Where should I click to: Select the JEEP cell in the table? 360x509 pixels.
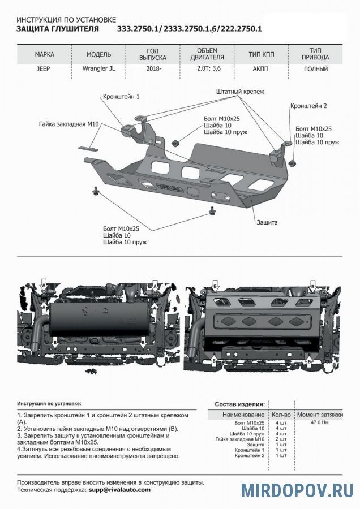(x=44, y=69)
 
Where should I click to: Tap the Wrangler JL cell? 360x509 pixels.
(x=94, y=69)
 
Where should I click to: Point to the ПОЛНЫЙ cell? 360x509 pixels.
(x=316, y=69)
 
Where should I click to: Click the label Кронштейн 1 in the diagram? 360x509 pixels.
(x=121, y=97)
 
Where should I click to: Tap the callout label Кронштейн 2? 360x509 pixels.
(x=308, y=106)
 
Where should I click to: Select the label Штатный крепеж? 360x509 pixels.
(x=240, y=91)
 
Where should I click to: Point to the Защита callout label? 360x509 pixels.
(x=267, y=222)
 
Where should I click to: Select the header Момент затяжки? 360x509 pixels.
(x=320, y=415)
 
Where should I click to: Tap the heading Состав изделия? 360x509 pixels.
(x=239, y=404)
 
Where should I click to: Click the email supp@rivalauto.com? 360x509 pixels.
(x=119, y=490)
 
